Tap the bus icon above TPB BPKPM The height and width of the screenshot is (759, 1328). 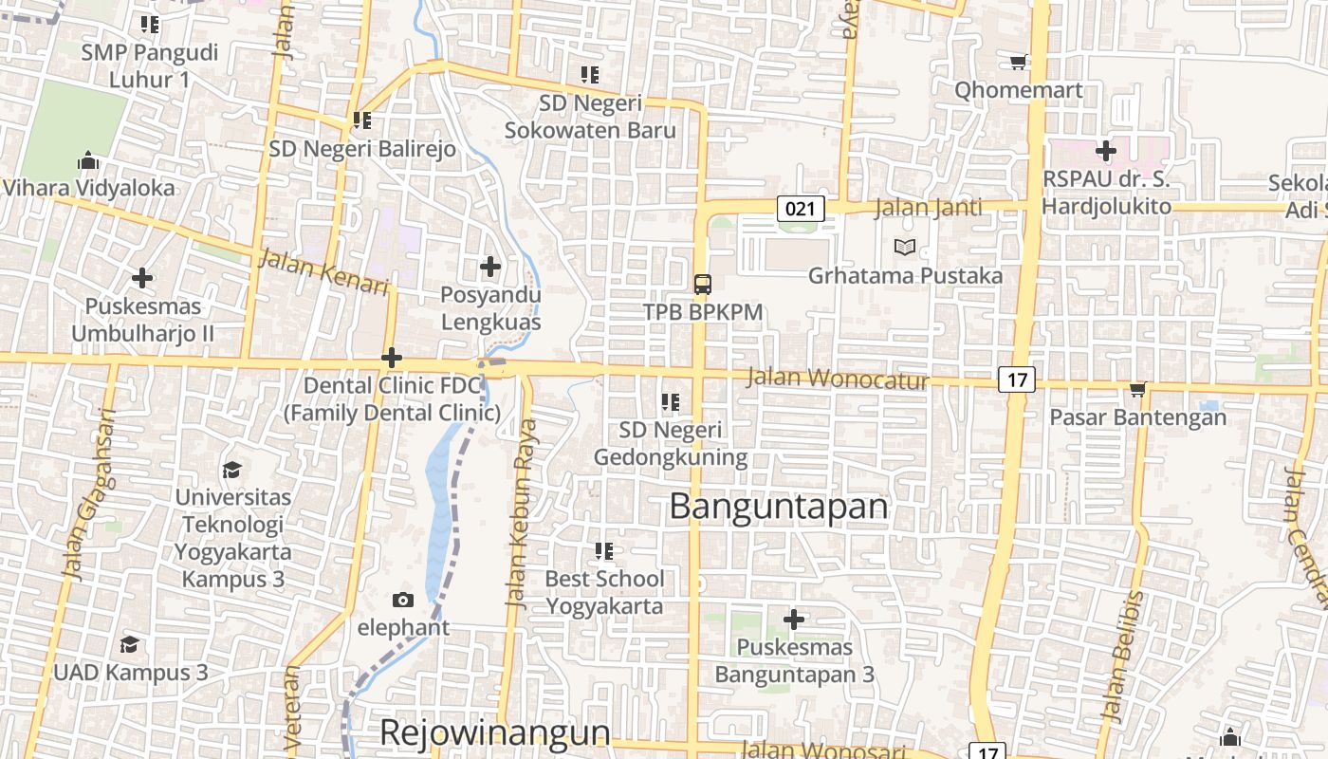pos(702,284)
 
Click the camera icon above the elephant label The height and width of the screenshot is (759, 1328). pos(403,600)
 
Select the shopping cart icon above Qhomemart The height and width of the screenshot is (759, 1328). pos(1019,63)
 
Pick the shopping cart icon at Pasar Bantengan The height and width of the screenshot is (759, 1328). pos(1137,389)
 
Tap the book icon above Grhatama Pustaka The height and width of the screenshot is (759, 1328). pos(905,248)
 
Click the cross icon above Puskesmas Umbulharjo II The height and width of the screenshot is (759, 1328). pos(142,278)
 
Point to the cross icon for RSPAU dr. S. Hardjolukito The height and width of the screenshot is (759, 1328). pos(1106,151)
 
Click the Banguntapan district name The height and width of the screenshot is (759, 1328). pos(779,507)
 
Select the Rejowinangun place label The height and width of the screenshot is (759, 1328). pos(494,732)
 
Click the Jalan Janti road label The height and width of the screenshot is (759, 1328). pos(929,207)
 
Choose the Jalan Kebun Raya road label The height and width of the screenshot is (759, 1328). pos(522,513)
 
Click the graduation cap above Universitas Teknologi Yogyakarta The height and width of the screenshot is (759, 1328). pos(231,470)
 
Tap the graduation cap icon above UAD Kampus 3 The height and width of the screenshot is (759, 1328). pos(129,645)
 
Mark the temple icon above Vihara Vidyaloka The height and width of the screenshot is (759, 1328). pos(88,160)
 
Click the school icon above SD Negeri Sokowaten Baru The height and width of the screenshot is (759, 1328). pos(590,74)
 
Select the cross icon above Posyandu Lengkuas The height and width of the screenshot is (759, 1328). pos(490,267)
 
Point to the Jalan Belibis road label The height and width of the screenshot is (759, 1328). pos(1122,655)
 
